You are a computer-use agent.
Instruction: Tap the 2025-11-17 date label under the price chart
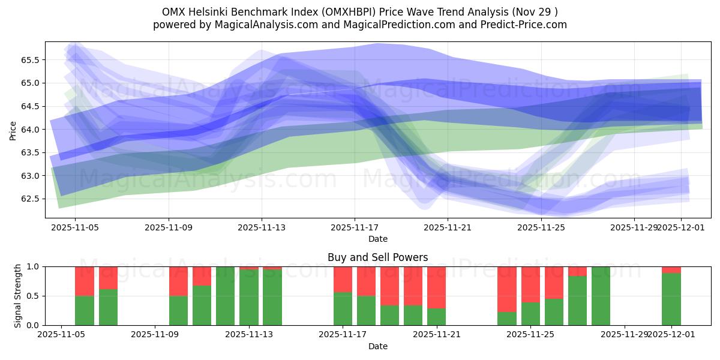(355, 228)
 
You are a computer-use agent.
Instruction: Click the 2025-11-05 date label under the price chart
(75, 228)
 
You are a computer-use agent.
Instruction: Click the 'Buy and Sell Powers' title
(377, 257)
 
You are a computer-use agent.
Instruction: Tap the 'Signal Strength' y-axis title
(18, 295)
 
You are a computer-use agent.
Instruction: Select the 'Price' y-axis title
(13, 130)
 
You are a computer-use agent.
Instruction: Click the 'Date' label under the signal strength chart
(377, 346)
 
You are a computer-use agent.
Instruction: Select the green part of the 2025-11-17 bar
(343, 309)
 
